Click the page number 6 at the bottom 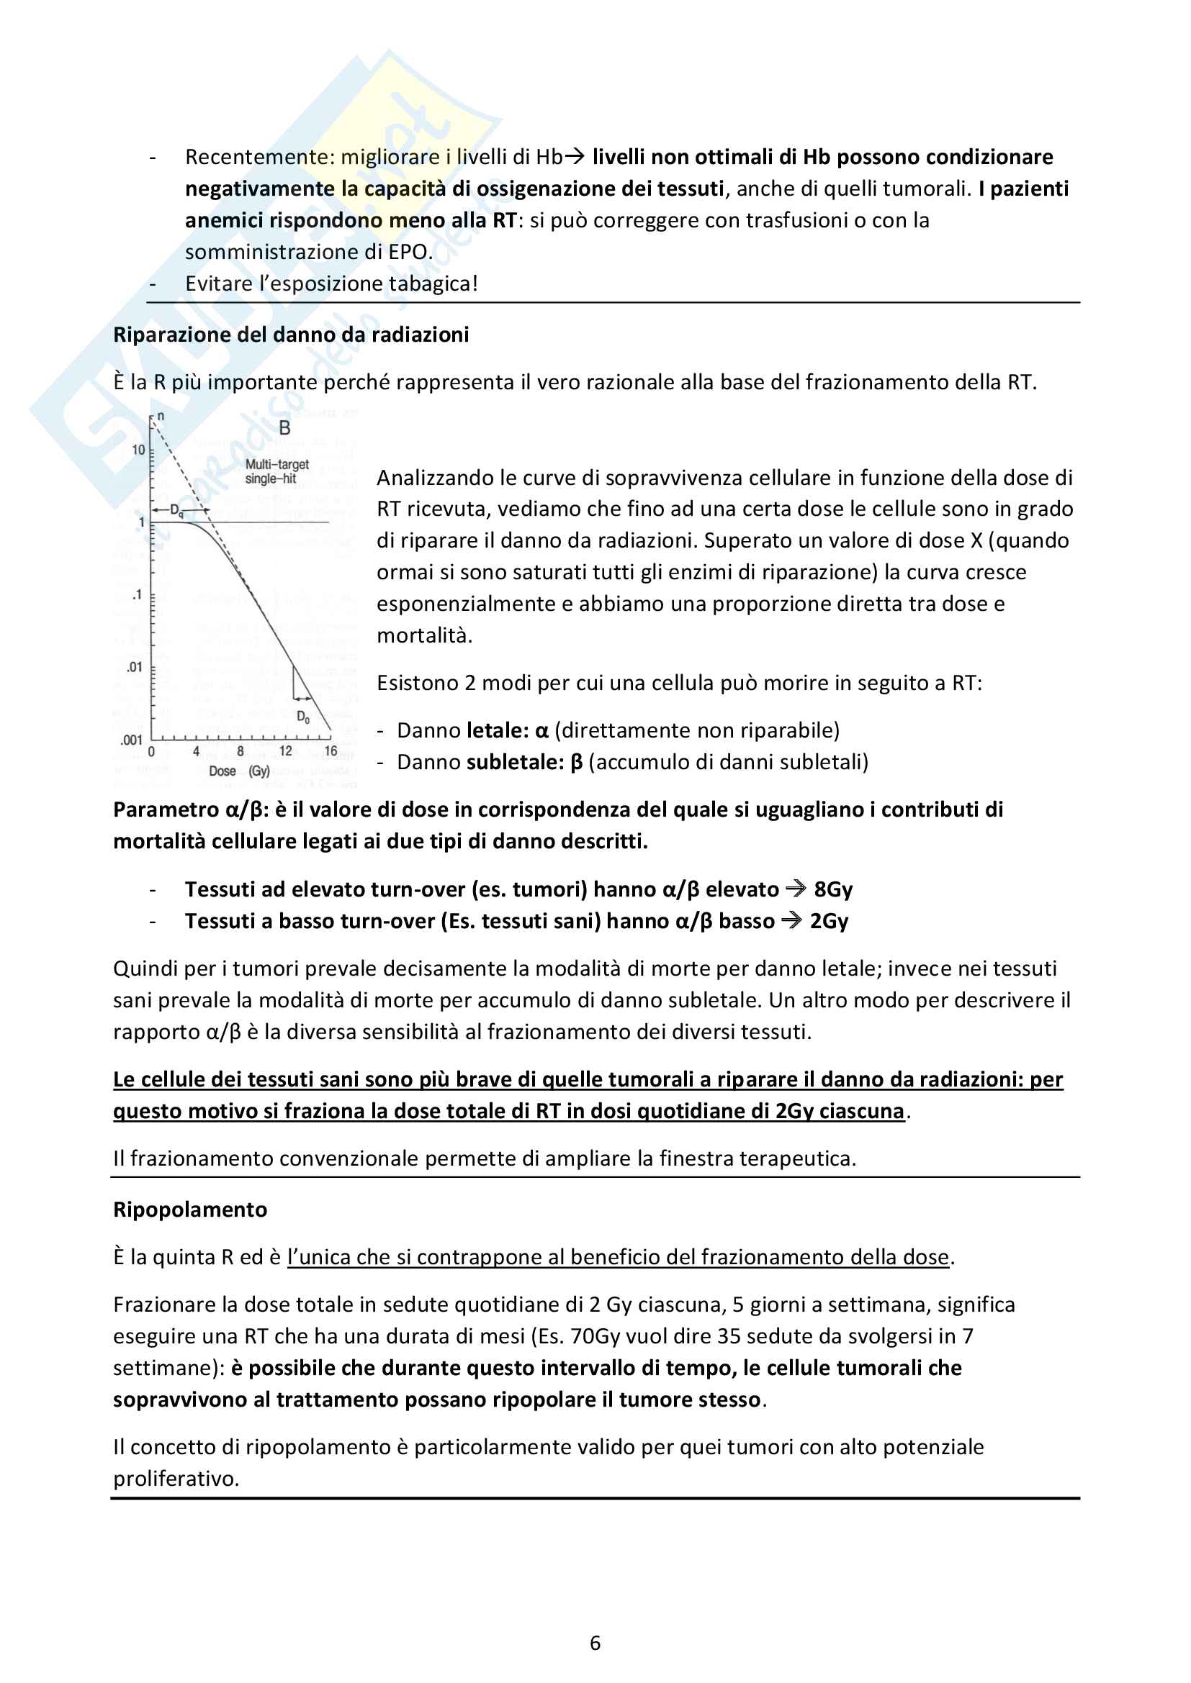(595, 1643)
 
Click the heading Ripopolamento (190, 1210)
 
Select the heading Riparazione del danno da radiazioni (291, 335)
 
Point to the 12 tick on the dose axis (285, 751)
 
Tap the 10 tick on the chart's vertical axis (138, 450)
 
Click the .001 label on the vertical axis (131, 740)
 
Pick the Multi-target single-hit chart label (277, 471)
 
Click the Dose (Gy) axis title (239, 771)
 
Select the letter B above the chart (284, 428)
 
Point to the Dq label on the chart (176, 511)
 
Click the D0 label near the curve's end (303, 717)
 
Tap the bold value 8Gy (833, 890)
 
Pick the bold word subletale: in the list (515, 762)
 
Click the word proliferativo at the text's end (176, 1479)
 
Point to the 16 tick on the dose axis (331, 751)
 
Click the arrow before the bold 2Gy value (791, 921)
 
